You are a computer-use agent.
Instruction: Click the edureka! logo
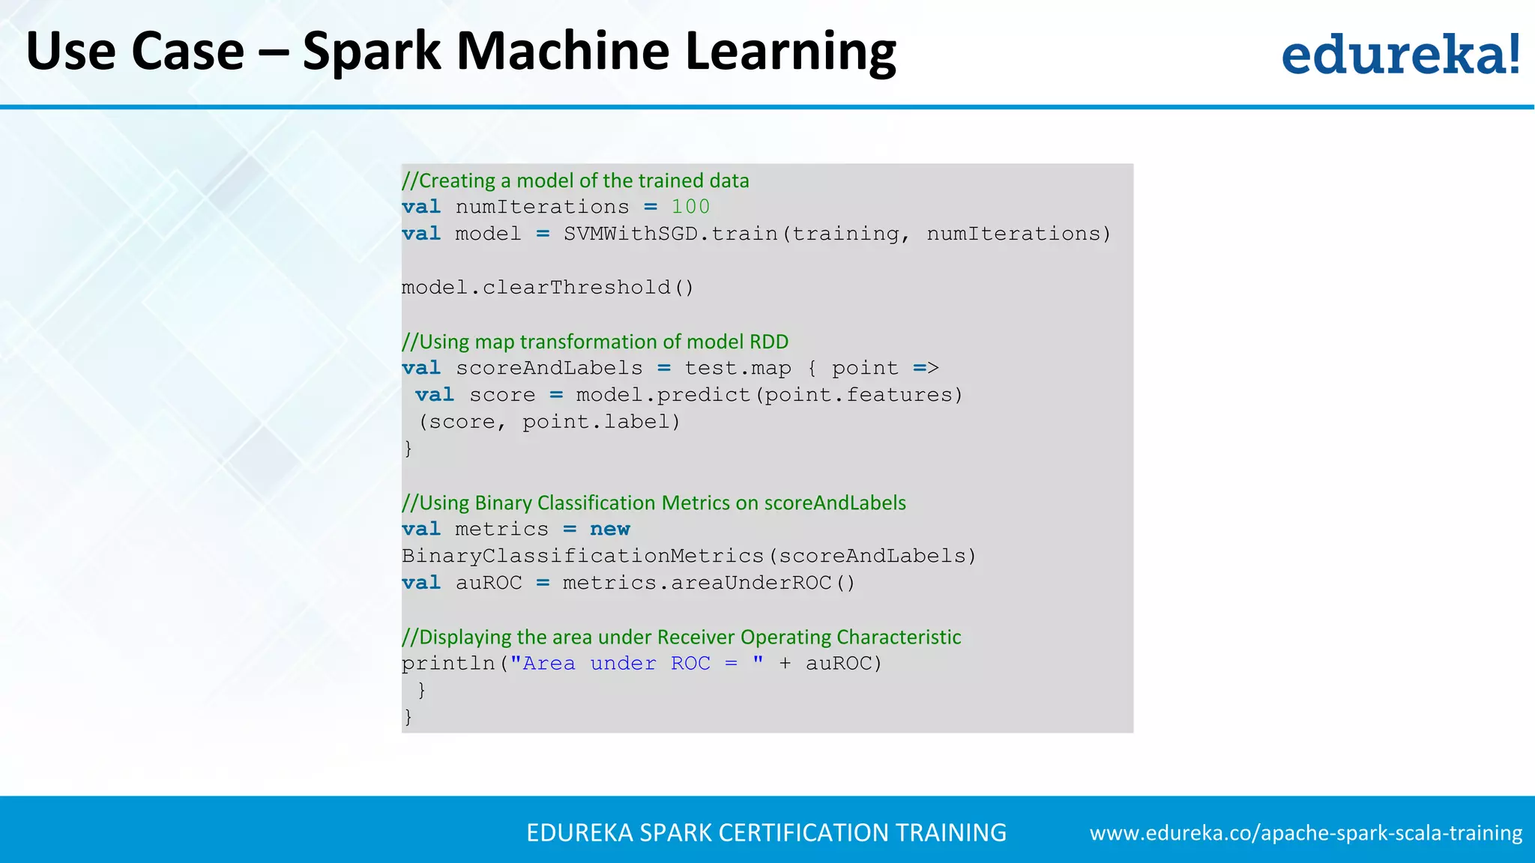click(1400, 54)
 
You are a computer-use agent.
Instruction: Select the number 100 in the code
click(690, 207)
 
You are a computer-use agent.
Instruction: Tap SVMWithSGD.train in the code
click(671, 234)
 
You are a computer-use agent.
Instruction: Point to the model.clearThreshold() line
click(548, 288)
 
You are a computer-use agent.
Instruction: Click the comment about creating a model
click(576, 181)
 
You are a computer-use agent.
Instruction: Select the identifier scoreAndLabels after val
click(549, 369)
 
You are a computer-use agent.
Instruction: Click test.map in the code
click(738, 369)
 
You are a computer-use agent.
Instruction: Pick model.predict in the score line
click(663, 395)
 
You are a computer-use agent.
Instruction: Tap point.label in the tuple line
click(601, 422)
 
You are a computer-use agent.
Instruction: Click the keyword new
click(609, 530)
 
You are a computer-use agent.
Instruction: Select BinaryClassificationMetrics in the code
click(582, 556)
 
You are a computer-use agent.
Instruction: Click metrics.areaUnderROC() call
click(708, 583)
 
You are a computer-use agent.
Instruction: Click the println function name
click(447, 664)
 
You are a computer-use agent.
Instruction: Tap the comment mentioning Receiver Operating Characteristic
click(681, 638)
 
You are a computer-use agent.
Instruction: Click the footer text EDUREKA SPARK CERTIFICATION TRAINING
click(766, 833)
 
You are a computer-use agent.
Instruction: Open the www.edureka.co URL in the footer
click(1306, 833)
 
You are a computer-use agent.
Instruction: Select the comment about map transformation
click(595, 342)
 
